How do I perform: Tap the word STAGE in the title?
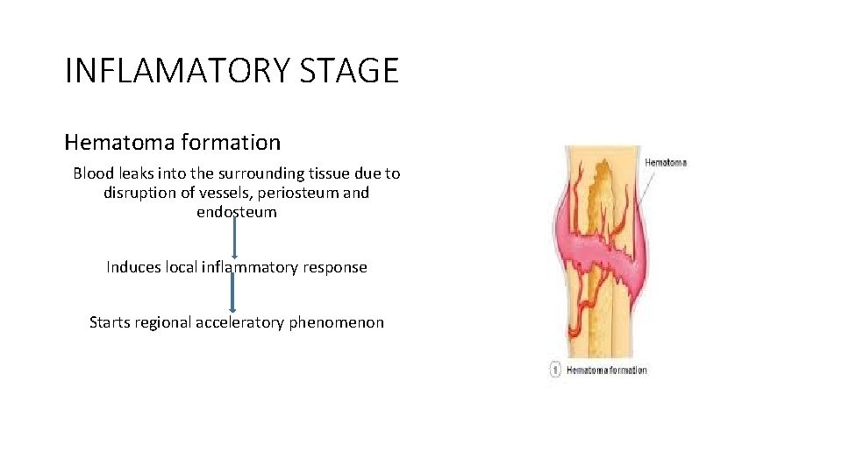349,70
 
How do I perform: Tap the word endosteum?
237,212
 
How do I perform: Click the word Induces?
134,267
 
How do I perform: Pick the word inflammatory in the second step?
250,267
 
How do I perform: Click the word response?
335,267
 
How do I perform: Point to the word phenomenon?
338,322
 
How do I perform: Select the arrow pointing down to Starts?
232,293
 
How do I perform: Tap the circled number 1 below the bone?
555,371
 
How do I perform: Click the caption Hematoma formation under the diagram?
607,371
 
